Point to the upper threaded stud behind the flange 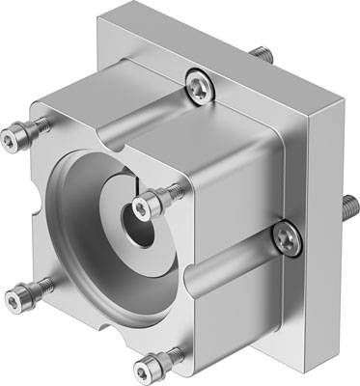pyautogui.click(x=262, y=49)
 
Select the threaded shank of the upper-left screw pyautogui.click(x=34, y=129)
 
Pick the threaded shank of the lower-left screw pyautogui.click(x=34, y=287)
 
